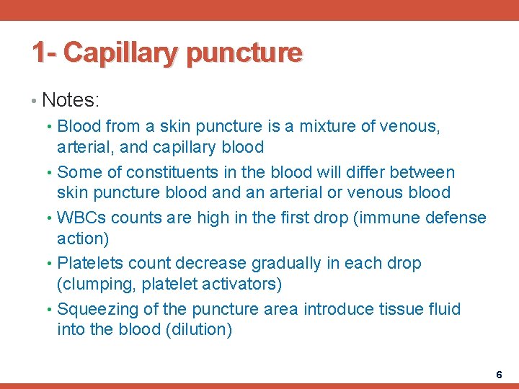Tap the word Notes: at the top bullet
70,99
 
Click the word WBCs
83,218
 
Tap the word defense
454,218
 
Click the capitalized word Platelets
88,264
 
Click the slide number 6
498,375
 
